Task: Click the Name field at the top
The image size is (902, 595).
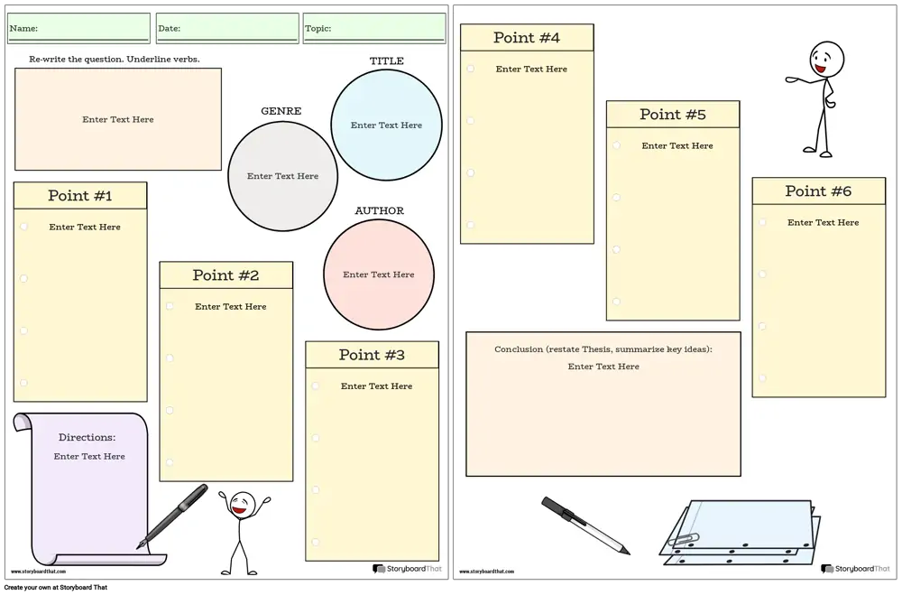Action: point(78,28)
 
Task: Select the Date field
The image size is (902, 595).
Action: point(227,28)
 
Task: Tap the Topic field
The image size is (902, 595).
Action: point(374,28)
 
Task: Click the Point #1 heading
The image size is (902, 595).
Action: point(80,196)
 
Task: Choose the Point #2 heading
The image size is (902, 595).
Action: point(225,275)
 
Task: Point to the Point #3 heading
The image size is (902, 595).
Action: point(372,355)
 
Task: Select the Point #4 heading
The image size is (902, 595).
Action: point(527,37)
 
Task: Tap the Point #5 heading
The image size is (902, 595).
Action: point(673,115)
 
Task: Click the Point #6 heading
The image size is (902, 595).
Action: point(818,191)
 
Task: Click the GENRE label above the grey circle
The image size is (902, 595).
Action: point(281,111)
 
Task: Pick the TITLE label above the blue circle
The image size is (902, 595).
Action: point(387,61)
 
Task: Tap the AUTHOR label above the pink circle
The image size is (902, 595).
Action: point(379,210)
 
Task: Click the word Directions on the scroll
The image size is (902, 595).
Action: point(87,437)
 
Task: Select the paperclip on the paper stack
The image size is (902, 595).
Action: point(684,540)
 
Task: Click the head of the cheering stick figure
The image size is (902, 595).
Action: point(242,505)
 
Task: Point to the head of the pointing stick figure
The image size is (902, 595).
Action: point(826,59)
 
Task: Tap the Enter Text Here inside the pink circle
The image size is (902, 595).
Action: point(379,274)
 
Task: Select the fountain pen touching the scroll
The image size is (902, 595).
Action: point(172,516)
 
